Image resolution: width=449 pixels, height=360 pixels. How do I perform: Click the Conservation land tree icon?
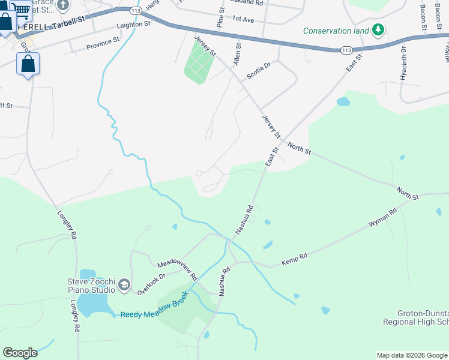tap(378, 30)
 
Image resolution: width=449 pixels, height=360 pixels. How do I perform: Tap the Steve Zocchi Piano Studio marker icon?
tap(124, 285)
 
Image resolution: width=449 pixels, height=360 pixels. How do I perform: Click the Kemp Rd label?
tap(294, 260)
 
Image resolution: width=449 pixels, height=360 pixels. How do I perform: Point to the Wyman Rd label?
tap(383, 218)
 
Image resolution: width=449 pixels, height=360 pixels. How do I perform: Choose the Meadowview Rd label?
tap(178, 271)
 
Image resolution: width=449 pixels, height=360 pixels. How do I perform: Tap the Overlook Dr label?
tap(151, 284)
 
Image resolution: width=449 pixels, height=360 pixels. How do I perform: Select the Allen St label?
tap(238, 53)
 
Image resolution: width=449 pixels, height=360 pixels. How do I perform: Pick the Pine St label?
tap(220, 18)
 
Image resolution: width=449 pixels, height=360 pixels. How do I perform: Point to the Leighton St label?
tap(133, 25)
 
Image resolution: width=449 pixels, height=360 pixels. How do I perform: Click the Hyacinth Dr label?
tap(403, 63)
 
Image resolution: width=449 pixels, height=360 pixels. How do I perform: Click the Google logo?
tap(20, 353)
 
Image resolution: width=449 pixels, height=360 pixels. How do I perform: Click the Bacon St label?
tap(423, 17)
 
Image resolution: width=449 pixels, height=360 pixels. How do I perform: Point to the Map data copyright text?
tap(412, 355)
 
